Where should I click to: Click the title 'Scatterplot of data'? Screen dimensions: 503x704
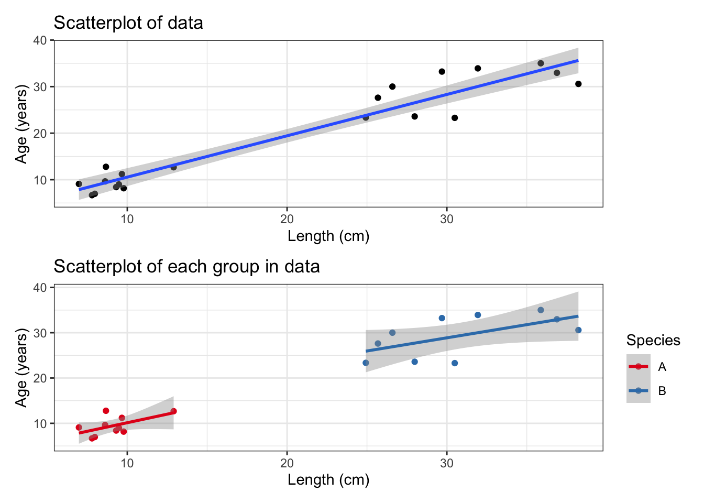point(128,23)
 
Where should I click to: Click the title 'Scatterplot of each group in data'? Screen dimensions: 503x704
point(186,267)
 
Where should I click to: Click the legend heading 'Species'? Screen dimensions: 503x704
point(653,341)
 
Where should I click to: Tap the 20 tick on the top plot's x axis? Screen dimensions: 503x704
point(287,219)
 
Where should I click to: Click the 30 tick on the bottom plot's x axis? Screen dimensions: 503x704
point(447,463)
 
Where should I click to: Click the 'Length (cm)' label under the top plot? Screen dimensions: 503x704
point(328,236)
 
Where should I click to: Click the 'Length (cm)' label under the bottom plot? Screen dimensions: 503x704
point(328,480)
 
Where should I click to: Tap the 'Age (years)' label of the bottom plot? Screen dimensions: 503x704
point(21,368)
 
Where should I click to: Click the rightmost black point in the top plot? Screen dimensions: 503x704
point(578,84)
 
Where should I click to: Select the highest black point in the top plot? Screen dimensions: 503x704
point(541,63)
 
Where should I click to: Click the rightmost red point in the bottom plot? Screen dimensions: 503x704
point(173,411)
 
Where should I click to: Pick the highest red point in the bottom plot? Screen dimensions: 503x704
point(106,411)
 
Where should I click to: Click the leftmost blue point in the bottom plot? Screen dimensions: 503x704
point(366,363)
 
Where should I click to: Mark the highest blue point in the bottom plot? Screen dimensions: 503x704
point(541,310)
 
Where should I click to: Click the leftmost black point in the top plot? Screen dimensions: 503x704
point(79,184)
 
